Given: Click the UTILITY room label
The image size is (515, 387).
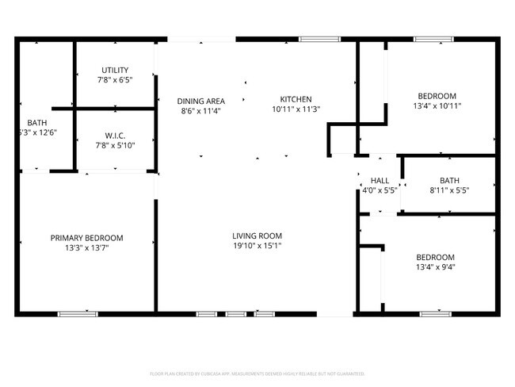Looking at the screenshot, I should (x=114, y=70).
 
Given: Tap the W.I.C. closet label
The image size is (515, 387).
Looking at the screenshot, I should (x=115, y=135).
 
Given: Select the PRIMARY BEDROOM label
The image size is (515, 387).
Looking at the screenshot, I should (x=87, y=237).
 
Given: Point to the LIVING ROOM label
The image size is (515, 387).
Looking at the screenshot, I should (x=257, y=236).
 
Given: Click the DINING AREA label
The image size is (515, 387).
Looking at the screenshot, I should (x=200, y=101).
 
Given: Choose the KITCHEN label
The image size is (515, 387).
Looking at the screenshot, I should (x=296, y=99).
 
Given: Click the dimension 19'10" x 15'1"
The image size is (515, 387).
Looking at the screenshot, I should (x=257, y=246).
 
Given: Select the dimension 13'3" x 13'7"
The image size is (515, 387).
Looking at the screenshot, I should (x=87, y=247).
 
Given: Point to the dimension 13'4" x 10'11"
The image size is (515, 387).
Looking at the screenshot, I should (x=437, y=105).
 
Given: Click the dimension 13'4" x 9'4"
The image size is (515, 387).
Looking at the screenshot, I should (x=436, y=267).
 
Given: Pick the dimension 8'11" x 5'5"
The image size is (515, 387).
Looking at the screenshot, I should (x=449, y=191).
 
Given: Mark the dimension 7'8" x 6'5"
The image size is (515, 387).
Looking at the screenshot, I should (x=114, y=80).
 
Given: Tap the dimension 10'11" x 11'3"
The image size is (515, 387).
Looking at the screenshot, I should (x=296, y=109).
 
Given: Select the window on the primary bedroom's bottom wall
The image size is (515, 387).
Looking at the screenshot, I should (x=78, y=314).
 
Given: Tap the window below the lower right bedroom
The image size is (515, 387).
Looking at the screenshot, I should (x=435, y=314).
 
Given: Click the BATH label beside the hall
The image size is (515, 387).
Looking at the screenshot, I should (x=449, y=181).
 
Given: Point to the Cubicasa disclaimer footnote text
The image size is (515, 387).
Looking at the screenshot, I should (x=257, y=373).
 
